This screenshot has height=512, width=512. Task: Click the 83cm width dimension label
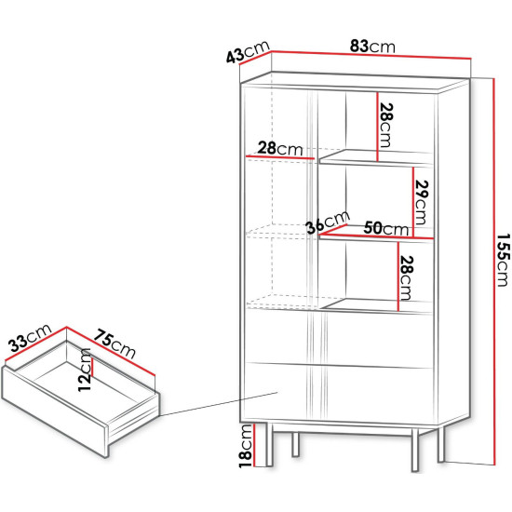372,46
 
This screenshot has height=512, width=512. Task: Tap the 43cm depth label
248,51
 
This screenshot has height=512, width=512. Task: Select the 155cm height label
503,260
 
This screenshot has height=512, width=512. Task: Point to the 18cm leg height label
246,446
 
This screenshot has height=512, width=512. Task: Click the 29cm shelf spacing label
422,202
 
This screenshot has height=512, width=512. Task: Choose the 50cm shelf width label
386,228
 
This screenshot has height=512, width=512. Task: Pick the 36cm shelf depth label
328,222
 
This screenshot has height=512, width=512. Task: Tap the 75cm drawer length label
115,344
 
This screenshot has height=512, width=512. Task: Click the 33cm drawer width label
30,338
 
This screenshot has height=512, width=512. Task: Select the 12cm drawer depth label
84,370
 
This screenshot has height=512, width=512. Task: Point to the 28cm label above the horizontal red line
280,149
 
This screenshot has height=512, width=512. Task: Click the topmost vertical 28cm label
386,126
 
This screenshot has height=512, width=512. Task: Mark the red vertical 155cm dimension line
494,271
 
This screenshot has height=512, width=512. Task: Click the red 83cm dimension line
371,55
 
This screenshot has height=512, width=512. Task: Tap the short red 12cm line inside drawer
93,368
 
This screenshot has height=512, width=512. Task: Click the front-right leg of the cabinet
414,450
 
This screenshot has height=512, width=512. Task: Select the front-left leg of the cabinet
269,444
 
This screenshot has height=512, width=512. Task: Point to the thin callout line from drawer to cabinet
218,404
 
